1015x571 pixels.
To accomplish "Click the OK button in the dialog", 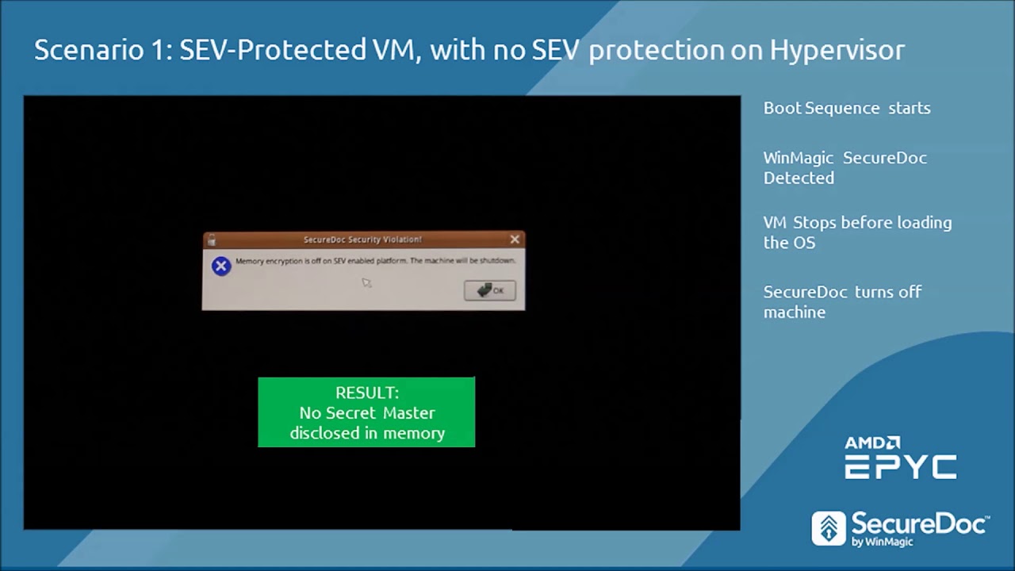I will (490, 290).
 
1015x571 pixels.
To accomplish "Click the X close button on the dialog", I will (515, 239).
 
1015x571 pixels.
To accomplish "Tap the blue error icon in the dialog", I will (221, 266).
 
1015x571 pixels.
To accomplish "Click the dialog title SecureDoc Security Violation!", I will (362, 240).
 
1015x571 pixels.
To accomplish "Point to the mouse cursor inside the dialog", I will (366, 282).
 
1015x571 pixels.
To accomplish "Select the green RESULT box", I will (366, 412).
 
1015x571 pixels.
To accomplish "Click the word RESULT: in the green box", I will (366, 393).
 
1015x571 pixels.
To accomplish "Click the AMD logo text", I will (872, 443).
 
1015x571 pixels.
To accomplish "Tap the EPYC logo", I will (901, 467).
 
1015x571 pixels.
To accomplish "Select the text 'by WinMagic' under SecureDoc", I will (882, 542).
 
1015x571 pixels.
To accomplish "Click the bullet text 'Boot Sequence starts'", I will (847, 108).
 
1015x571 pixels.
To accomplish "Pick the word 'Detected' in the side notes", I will (799, 178).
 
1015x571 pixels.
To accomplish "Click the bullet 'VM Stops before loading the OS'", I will (857, 232).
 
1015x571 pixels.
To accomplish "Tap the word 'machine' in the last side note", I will (795, 312).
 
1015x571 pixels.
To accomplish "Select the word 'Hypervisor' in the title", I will (837, 51).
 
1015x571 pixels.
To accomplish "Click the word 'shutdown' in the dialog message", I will (496, 261).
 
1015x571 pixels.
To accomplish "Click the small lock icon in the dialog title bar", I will (212, 240).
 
